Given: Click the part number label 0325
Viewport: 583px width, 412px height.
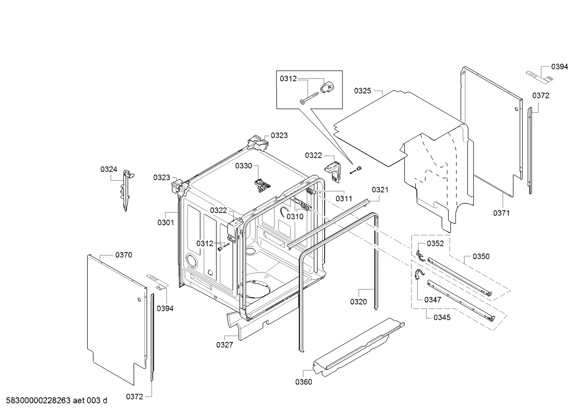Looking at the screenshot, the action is pos(362,91).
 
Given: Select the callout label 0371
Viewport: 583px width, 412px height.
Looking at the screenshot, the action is pos(501,213).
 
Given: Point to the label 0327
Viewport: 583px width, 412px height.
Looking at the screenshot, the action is pos(225,345).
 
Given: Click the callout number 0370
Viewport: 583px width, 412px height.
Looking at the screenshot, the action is pos(124,255).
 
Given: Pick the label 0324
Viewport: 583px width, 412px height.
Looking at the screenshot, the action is pos(109,169).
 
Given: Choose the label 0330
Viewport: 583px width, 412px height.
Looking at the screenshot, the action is pos(244,166).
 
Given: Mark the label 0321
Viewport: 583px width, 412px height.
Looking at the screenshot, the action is pos(380,190).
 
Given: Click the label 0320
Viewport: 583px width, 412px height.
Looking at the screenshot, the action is pos(358,302).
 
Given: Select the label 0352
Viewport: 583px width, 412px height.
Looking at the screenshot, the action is pos(435,244).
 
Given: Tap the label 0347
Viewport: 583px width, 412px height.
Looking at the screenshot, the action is pos(433,300).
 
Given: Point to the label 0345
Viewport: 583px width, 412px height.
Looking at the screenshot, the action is pos(442,317).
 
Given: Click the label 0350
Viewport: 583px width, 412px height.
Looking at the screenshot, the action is pos(481,257).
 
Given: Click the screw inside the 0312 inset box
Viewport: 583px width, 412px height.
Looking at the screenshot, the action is pos(309,98).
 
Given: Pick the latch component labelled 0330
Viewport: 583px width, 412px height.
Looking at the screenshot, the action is pos(262,185).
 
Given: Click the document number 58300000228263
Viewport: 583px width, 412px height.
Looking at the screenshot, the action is pos(38,401).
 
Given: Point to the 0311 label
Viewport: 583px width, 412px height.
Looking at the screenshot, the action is pos(344,199).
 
